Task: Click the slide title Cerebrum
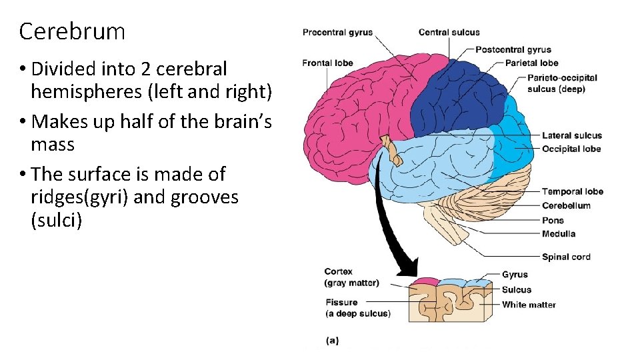(72, 31)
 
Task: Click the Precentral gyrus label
(337, 33)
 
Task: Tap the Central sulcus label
(449, 32)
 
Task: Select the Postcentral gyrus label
(513, 49)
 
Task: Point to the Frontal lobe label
(327, 63)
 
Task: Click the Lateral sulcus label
(571, 136)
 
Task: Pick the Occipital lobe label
(571, 149)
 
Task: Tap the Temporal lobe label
(572, 192)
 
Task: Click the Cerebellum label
(566, 206)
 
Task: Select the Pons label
(553, 221)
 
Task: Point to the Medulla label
(559, 234)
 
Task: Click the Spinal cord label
(566, 257)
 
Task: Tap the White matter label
(529, 305)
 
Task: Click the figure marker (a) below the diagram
(332, 341)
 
